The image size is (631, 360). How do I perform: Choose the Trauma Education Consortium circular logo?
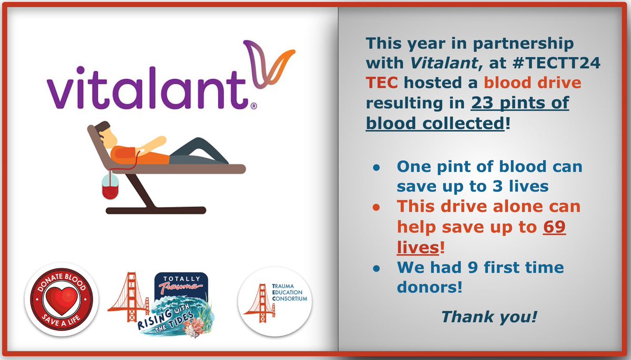(274, 300)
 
